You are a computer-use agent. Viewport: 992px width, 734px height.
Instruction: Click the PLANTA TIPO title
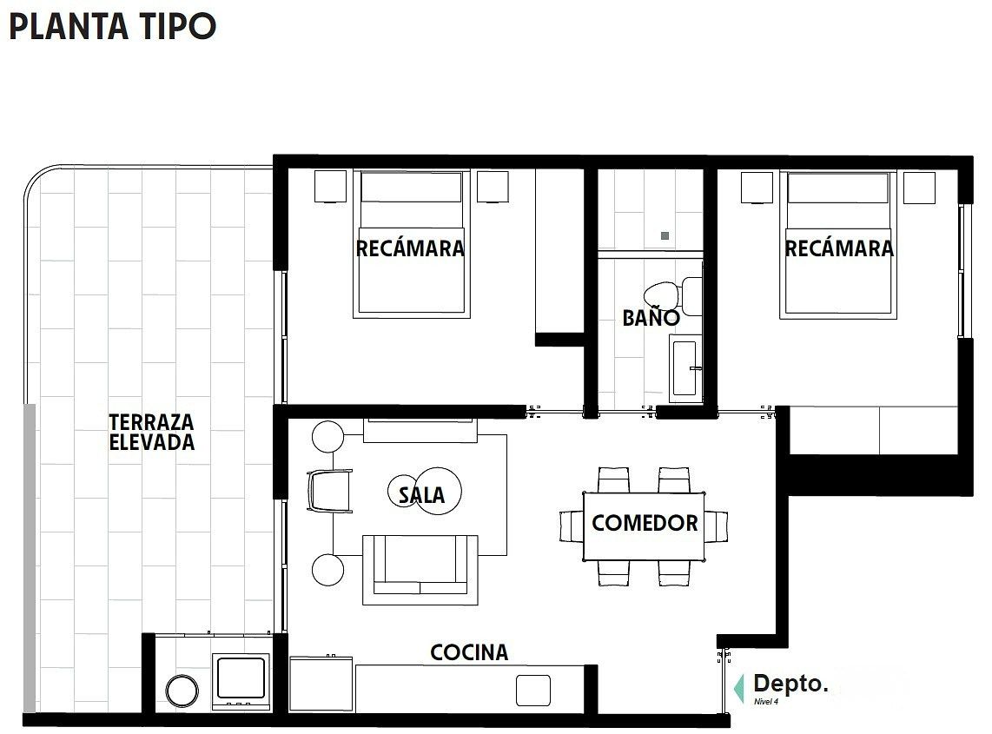[x=113, y=27]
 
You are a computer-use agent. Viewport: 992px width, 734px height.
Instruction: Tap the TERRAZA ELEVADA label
[x=152, y=433]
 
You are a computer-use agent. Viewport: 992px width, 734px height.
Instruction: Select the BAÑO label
[x=651, y=318]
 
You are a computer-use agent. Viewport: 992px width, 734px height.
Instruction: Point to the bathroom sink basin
[x=685, y=367]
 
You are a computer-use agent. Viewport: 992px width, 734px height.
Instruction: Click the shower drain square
[x=665, y=236]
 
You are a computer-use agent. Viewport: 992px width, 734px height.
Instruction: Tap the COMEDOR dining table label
[x=645, y=523]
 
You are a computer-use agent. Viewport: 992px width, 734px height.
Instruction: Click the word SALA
[x=421, y=495]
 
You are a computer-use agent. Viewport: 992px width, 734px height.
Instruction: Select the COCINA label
[x=469, y=652]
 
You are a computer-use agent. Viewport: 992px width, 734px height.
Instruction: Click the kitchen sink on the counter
[x=532, y=690]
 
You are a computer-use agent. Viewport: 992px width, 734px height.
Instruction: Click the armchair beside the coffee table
[x=329, y=491]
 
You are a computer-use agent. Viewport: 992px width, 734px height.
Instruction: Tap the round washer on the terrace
[x=182, y=691]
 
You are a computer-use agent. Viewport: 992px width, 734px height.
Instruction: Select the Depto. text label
[x=790, y=684]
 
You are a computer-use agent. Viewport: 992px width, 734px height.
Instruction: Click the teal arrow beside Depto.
[x=738, y=689]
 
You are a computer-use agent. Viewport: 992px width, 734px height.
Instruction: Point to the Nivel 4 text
[x=765, y=701]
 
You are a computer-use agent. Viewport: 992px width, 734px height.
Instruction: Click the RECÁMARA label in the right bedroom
[x=839, y=248]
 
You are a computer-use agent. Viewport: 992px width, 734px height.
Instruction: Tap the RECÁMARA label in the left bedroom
[x=410, y=248]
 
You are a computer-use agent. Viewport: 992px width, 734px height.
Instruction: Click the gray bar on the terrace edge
[x=30, y=558]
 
